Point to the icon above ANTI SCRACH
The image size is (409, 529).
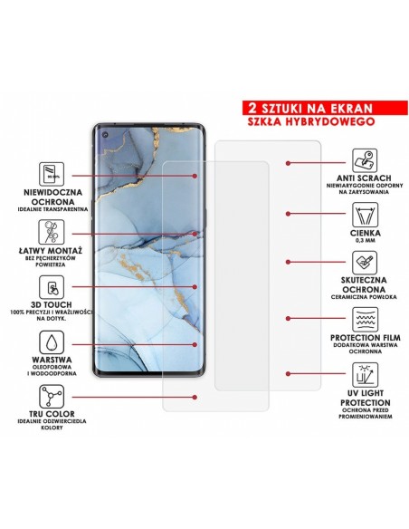click(361, 163)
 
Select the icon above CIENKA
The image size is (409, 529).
click(361, 215)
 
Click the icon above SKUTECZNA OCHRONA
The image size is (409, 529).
click(361, 265)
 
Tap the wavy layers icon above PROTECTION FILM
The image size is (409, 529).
click(361, 319)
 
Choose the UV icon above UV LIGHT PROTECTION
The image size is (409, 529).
click(361, 374)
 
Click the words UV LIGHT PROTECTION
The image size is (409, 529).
click(361, 402)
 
